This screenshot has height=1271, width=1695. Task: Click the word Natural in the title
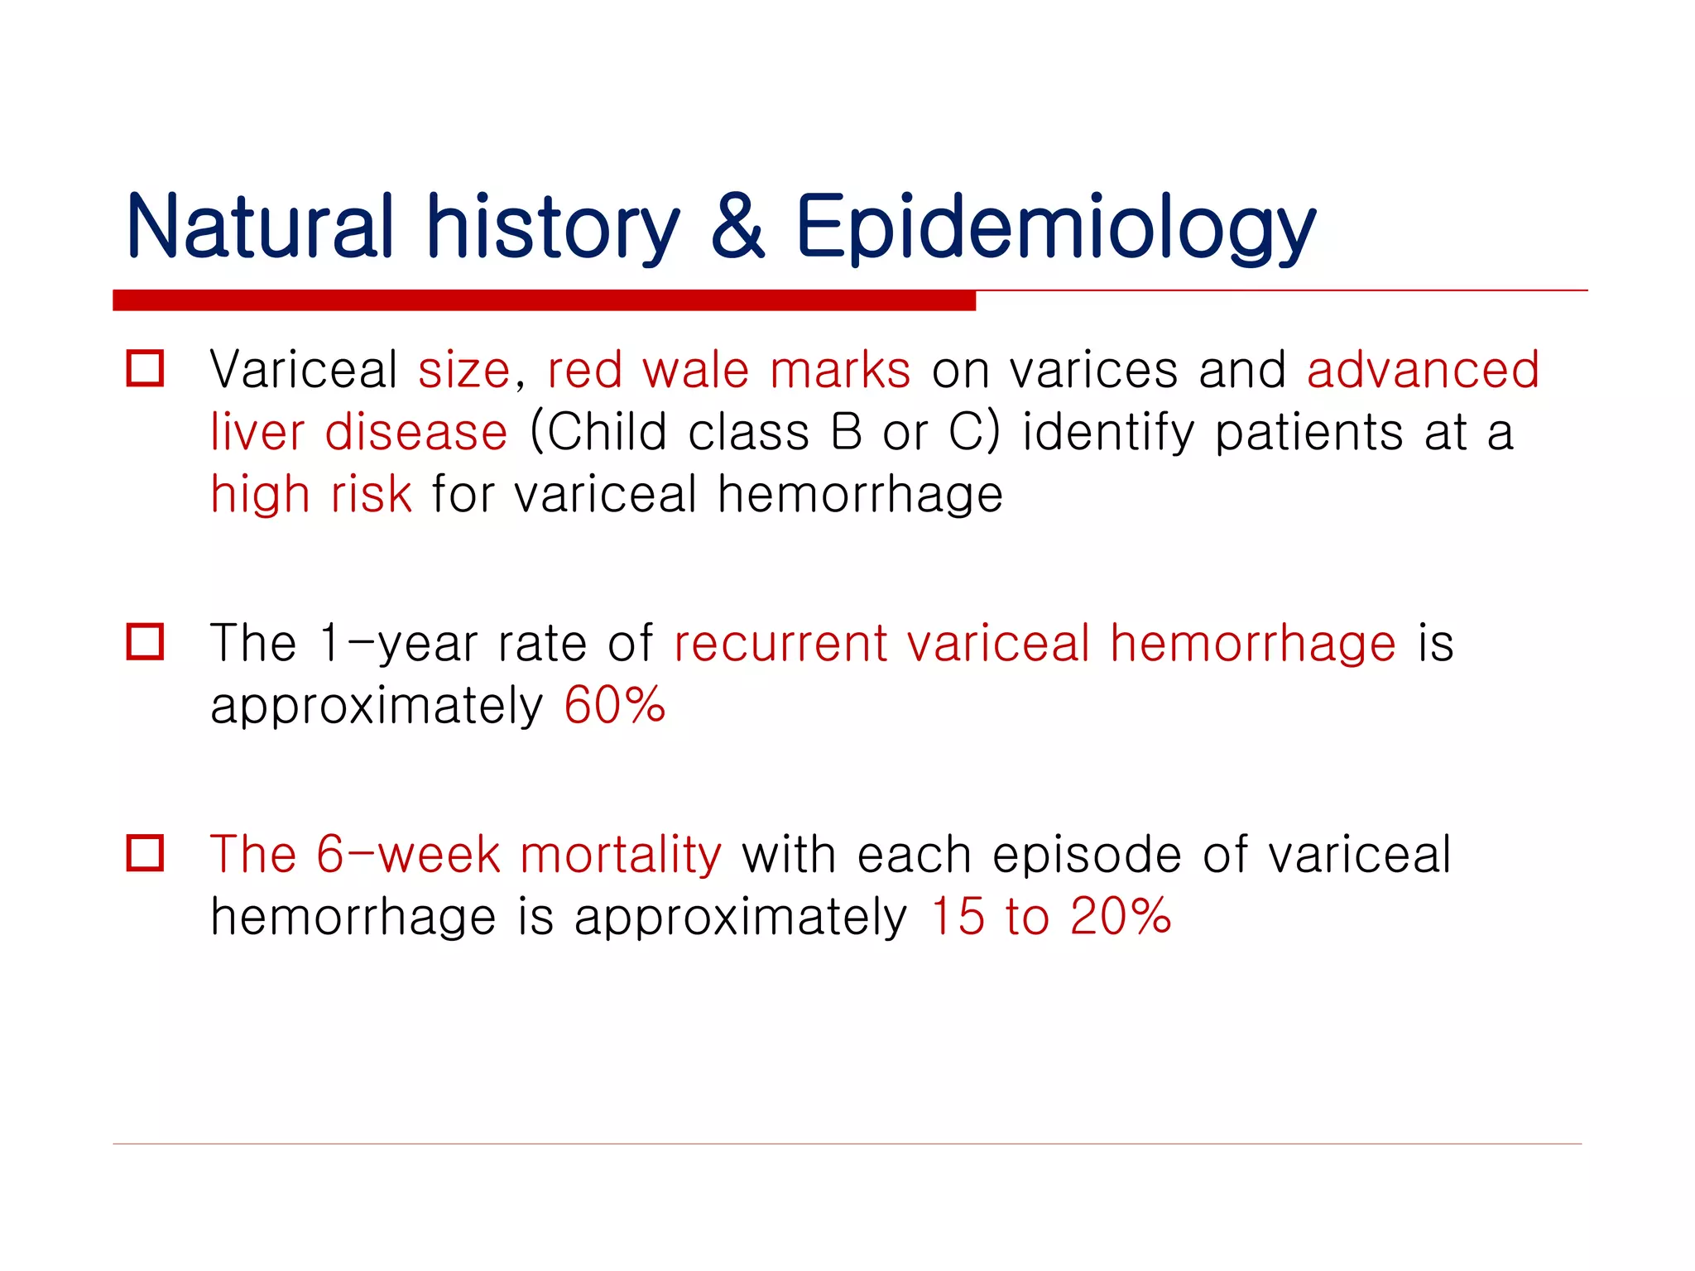click(259, 226)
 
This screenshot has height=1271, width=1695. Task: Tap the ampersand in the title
click(737, 226)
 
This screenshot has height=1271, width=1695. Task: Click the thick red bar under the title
click(544, 300)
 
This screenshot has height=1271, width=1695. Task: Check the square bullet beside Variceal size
click(146, 368)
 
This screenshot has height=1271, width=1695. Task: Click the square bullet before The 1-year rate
click(146, 642)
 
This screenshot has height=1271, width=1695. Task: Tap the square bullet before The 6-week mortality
click(146, 853)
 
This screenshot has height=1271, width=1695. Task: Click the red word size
click(464, 371)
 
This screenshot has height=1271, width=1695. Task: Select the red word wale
click(696, 370)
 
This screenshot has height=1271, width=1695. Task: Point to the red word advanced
click(1423, 370)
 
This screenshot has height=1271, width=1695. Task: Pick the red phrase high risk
click(310, 495)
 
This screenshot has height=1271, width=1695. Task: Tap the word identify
click(1108, 434)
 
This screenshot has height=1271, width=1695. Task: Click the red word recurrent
click(780, 644)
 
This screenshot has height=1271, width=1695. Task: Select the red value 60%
click(614, 706)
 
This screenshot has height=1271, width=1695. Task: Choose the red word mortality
click(621, 855)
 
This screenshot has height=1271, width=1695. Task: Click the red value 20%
click(1120, 917)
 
